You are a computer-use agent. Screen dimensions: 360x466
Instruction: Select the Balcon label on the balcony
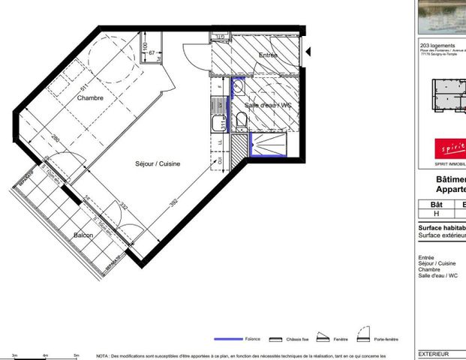pos(83,235)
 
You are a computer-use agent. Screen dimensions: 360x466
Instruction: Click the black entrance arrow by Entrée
pos(308,52)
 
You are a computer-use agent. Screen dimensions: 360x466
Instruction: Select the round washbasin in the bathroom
pos(238,88)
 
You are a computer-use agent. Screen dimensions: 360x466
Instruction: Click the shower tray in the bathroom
pos(267,143)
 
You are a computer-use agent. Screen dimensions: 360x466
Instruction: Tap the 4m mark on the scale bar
pos(45,355)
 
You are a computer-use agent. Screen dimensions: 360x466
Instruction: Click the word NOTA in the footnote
pos(104,355)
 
